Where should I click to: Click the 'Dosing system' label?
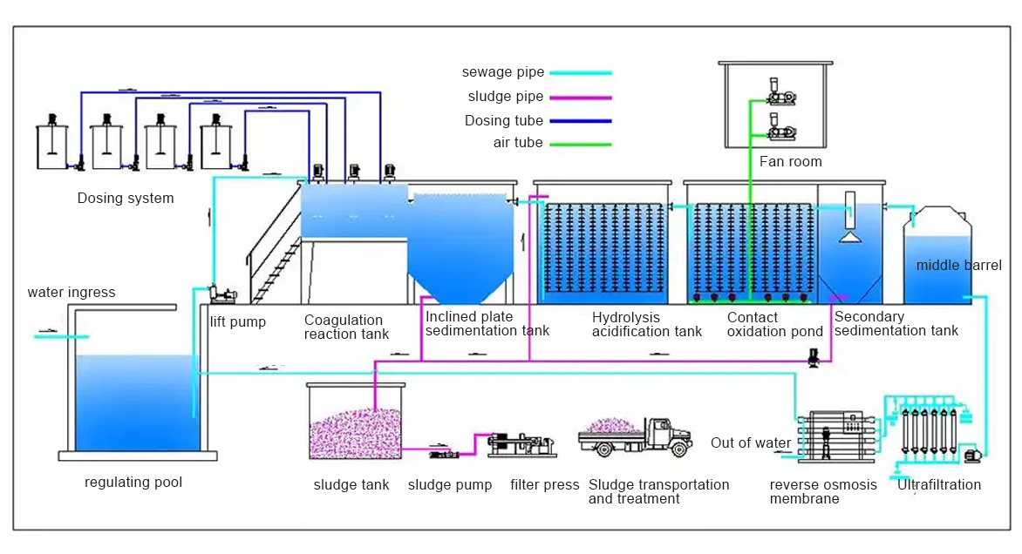click(126, 198)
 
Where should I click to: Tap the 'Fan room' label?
click(790, 161)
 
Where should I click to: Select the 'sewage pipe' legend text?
click(503, 72)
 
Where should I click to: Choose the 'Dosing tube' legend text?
click(504, 121)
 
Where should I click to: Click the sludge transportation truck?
click(636, 436)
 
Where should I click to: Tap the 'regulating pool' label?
click(133, 482)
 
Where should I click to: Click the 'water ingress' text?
click(72, 292)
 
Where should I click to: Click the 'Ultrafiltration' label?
click(939, 484)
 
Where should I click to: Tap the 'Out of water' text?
click(751, 443)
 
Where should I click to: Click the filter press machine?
click(521, 444)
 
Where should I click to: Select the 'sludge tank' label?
click(351, 484)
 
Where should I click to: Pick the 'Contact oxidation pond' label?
click(775, 324)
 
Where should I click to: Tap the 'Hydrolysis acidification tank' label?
click(646, 324)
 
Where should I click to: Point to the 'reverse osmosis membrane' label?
click(823, 491)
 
